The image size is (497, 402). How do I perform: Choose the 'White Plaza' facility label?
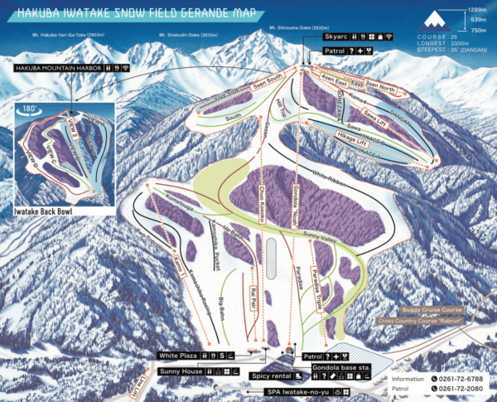pos(180,355)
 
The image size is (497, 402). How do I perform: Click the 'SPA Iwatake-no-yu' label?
pos(295,390)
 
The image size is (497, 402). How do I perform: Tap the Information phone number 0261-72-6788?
pos(461,378)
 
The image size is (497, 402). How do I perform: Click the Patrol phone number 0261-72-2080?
pos(461,389)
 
